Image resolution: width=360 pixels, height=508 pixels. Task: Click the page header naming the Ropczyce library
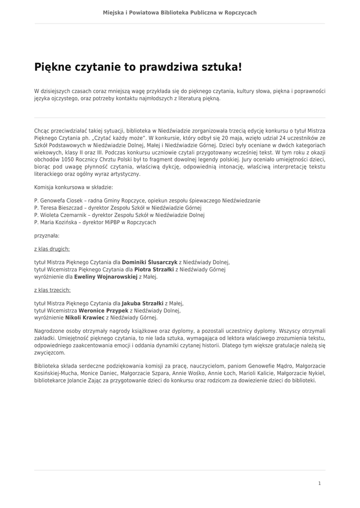tap(180, 12)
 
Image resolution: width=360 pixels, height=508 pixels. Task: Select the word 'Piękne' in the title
tap(52, 67)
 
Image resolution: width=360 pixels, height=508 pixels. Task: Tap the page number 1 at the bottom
tap(319, 483)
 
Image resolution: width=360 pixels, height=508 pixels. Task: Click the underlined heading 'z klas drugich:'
tap(52, 249)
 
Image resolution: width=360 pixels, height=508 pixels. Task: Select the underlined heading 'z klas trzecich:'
tap(52, 290)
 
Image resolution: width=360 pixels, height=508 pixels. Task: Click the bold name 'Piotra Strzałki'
tap(154, 269)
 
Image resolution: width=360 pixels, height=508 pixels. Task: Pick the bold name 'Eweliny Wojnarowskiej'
tap(105, 277)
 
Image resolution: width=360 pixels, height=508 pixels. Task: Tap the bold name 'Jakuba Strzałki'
tap(143, 303)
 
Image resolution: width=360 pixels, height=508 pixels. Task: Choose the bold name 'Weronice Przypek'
tap(103, 310)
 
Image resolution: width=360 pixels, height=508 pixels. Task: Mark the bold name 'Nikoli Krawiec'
tap(84, 317)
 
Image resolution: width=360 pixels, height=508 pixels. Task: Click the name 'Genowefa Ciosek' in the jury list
tap(61, 201)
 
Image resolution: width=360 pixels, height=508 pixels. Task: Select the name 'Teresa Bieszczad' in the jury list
tap(61, 208)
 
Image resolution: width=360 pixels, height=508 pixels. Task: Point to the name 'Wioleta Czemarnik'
tap(62, 215)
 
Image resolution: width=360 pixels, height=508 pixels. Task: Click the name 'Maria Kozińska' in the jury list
tap(59, 223)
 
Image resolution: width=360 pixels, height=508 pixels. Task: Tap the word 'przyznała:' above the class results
tap(47, 236)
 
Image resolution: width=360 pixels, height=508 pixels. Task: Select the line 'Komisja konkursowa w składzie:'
tap(73, 188)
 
